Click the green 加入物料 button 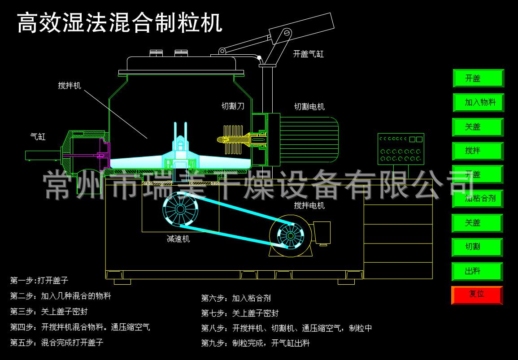[x=478, y=102]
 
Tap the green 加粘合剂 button [x=478, y=198]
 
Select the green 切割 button [x=477, y=247]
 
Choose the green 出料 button [x=477, y=271]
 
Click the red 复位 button [x=477, y=295]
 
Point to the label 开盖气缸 [x=308, y=54]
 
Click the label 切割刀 [x=233, y=106]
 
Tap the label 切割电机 [x=309, y=107]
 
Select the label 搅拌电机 [x=309, y=205]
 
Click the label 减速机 [x=178, y=239]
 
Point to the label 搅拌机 [x=70, y=86]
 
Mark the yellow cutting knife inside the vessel [x=233, y=139]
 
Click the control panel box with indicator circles [x=400, y=149]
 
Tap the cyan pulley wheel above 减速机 [x=180, y=209]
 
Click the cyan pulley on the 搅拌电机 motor [x=290, y=235]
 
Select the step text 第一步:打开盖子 [x=39, y=281]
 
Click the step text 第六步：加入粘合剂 [x=236, y=298]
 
